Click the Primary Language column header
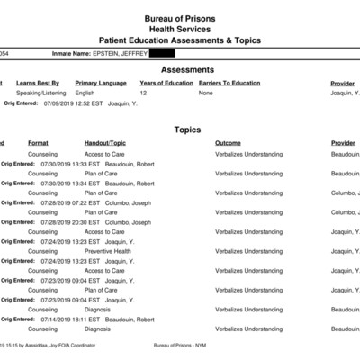point(100,83)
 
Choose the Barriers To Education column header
point(229,83)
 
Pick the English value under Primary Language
point(85,93)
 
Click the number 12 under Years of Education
point(143,93)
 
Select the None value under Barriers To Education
point(206,93)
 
